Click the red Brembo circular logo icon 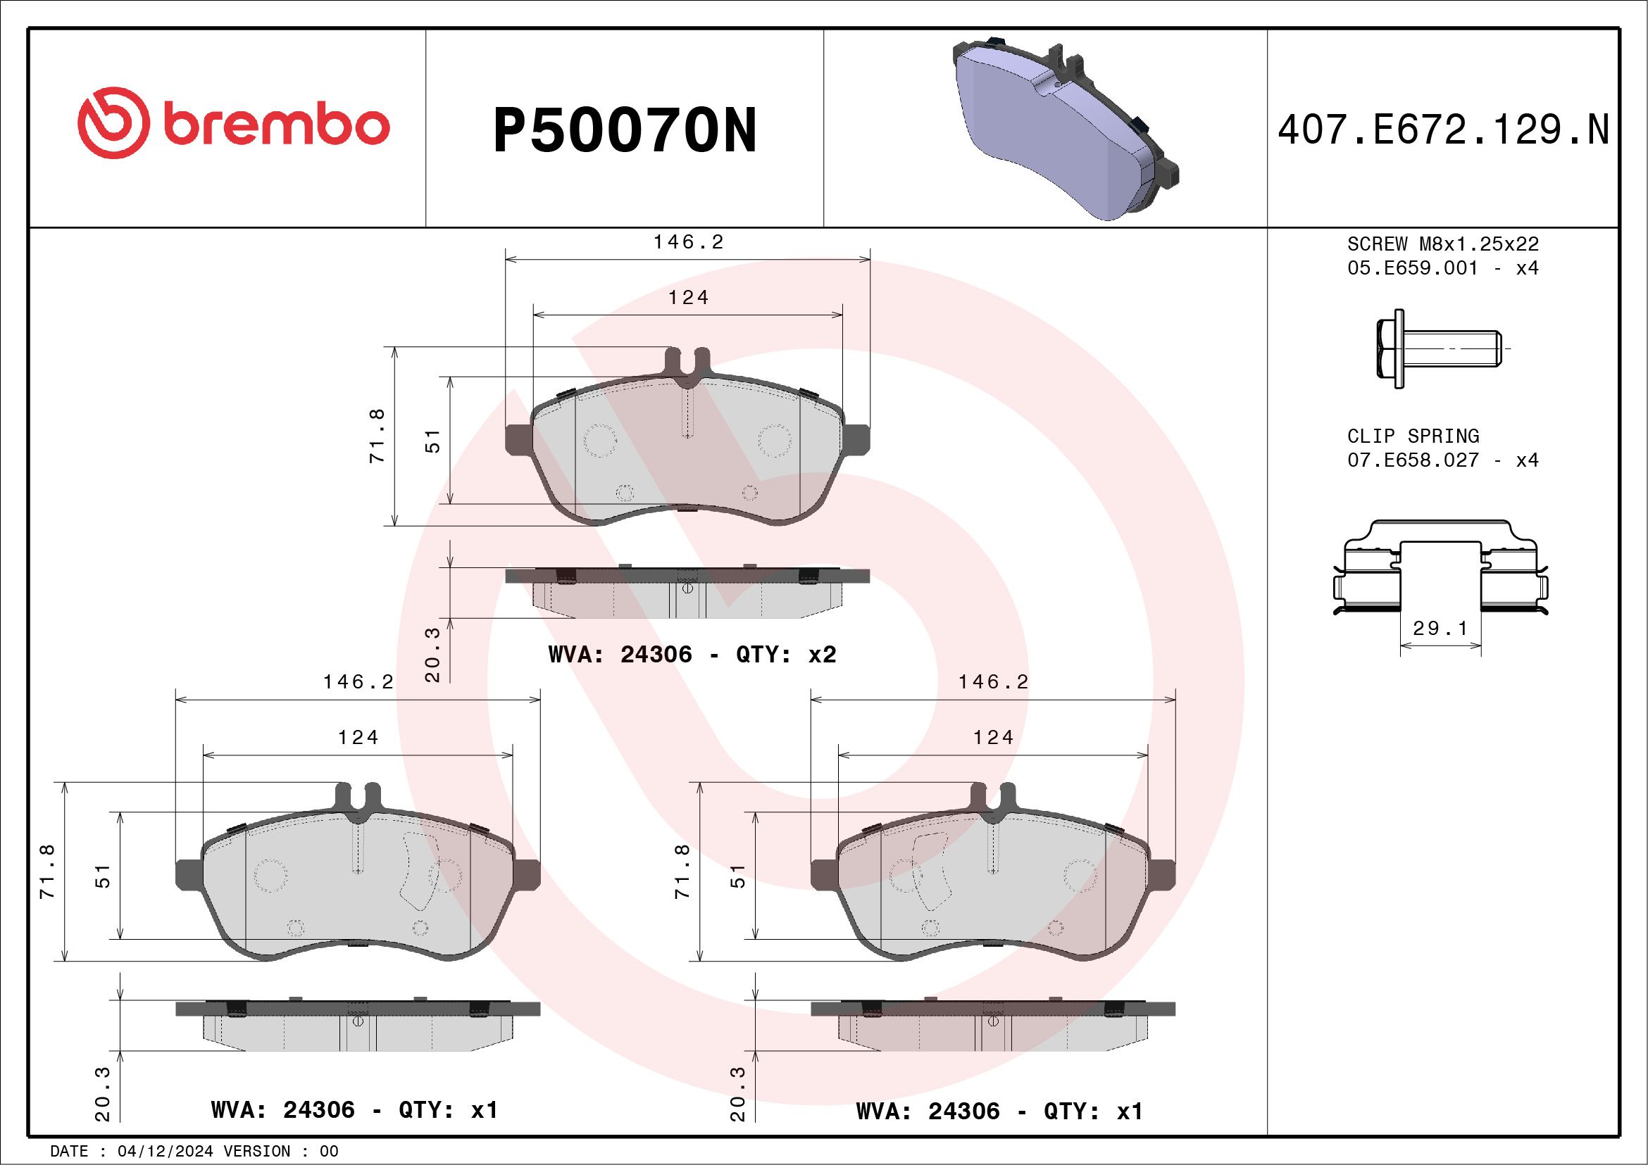pyautogui.click(x=113, y=122)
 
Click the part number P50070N pyautogui.click(x=625, y=130)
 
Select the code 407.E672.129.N pyautogui.click(x=1444, y=130)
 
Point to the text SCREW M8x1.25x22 pyautogui.click(x=1443, y=244)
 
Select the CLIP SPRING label pyautogui.click(x=1413, y=436)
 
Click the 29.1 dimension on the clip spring pyautogui.click(x=1440, y=629)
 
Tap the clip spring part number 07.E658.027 pyautogui.click(x=1413, y=460)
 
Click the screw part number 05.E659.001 pyautogui.click(x=1413, y=268)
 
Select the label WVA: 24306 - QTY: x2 pyautogui.click(x=692, y=654)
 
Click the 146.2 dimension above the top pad pyautogui.click(x=688, y=242)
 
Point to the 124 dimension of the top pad pyautogui.click(x=688, y=298)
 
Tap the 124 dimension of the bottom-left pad pyautogui.click(x=358, y=738)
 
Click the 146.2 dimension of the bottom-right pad pyautogui.click(x=994, y=682)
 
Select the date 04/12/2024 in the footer pyautogui.click(x=165, y=1152)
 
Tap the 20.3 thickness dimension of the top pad pyautogui.click(x=433, y=654)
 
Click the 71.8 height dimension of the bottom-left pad pyautogui.click(x=48, y=871)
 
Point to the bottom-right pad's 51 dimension pyautogui.click(x=739, y=876)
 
